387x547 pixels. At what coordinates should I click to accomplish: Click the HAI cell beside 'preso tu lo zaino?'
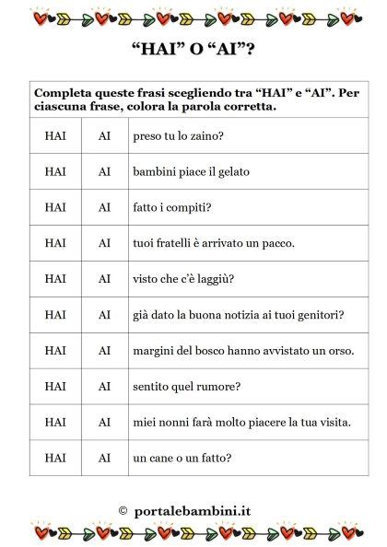click(x=55, y=135)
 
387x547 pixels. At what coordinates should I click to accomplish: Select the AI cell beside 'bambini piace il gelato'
click(x=105, y=171)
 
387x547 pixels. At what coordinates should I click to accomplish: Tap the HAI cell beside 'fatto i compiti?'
click(x=55, y=207)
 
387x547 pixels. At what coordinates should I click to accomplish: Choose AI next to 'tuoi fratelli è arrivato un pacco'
click(x=105, y=243)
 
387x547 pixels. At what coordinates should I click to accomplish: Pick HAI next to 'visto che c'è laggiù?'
click(x=55, y=279)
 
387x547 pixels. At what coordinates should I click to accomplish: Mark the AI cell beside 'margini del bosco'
click(x=105, y=351)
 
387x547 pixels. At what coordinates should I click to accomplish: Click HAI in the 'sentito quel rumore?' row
click(x=55, y=387)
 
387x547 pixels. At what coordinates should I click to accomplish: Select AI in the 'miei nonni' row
click(x=105, y=423)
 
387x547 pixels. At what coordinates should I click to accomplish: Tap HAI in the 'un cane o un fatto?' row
click(x=55, y=458)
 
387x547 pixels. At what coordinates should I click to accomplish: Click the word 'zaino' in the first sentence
click(x=208, y=136)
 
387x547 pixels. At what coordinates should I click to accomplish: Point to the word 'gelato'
click(x=232, y=172)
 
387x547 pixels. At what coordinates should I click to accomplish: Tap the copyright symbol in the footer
click(x=123, y=509)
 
